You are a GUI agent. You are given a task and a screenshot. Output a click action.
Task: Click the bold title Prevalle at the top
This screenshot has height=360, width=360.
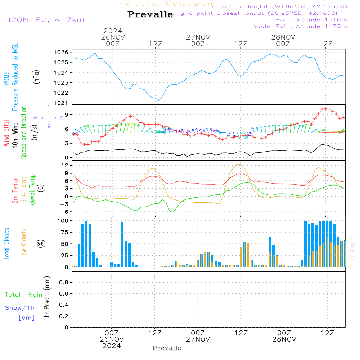[150, 14]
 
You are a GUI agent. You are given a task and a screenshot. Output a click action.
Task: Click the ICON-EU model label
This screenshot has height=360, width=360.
[46, 20]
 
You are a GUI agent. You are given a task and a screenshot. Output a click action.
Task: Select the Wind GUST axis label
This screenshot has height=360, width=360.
[7, 134]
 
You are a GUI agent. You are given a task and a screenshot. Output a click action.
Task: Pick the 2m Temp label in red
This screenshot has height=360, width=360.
[15, 191]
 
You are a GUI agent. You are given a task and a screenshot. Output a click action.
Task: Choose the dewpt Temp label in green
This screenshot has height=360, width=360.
[33, 189]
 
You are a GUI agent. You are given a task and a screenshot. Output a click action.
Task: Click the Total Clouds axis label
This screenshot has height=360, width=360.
[7, 244]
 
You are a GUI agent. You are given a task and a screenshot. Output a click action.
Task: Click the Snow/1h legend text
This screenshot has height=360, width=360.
[20, 308]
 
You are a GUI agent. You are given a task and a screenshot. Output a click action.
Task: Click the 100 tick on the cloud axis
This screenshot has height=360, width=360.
[62, 220]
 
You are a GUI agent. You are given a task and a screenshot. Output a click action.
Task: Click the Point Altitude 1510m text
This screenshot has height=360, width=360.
[311, 20]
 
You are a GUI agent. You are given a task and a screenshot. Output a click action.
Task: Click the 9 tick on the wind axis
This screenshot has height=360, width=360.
[66, 114]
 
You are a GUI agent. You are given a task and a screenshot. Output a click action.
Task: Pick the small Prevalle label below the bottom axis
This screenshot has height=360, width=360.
[167, 348]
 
